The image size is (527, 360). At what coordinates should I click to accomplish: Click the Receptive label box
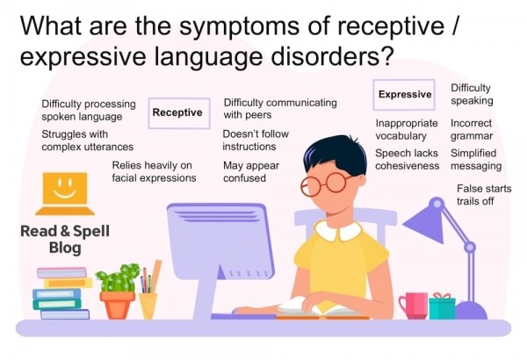click(x=177, y=112)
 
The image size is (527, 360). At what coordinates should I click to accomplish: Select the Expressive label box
click(x=405, y=94)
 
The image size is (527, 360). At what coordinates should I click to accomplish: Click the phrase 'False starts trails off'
click(x=480, y=196)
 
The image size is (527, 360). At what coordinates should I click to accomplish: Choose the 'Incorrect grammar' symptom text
click(x=472, y=130)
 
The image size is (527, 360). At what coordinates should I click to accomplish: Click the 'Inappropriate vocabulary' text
click(x=401, y=130)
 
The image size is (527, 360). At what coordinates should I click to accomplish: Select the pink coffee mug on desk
click(x=412, y=305)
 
